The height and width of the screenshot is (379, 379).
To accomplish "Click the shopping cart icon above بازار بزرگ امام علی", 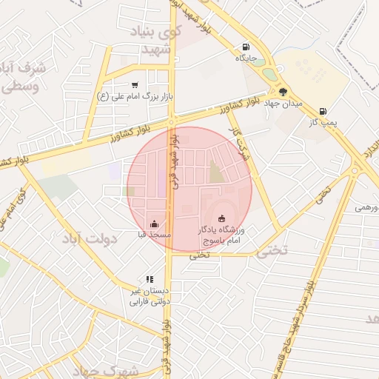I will [134, 84].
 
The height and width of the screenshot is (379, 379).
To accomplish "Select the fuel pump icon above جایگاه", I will [246, 46].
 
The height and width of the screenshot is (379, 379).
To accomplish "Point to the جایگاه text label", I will [246, 57].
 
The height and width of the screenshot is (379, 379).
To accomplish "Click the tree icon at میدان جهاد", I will [283, 93].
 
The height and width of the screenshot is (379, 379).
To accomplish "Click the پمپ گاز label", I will [323, 122].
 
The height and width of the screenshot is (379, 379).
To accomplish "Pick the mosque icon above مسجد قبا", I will [154, 224].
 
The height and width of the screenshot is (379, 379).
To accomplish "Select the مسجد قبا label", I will [154, 235].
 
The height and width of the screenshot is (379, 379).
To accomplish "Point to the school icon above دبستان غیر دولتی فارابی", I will [150, 280].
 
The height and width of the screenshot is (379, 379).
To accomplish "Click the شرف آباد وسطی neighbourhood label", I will [23, 76].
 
